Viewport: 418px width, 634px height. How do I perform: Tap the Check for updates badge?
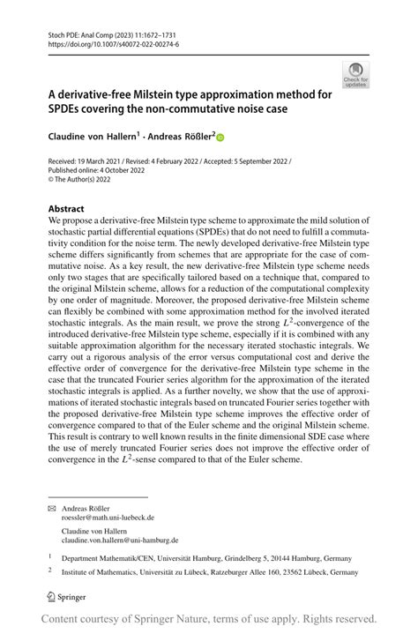[355, 74]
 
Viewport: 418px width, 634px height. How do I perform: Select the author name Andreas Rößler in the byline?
[183, 137]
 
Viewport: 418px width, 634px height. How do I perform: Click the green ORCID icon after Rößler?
[220, 138]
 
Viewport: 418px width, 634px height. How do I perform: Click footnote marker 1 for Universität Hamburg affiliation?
[50, 556]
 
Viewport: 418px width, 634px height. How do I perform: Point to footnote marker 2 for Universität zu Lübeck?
[50, 571]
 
